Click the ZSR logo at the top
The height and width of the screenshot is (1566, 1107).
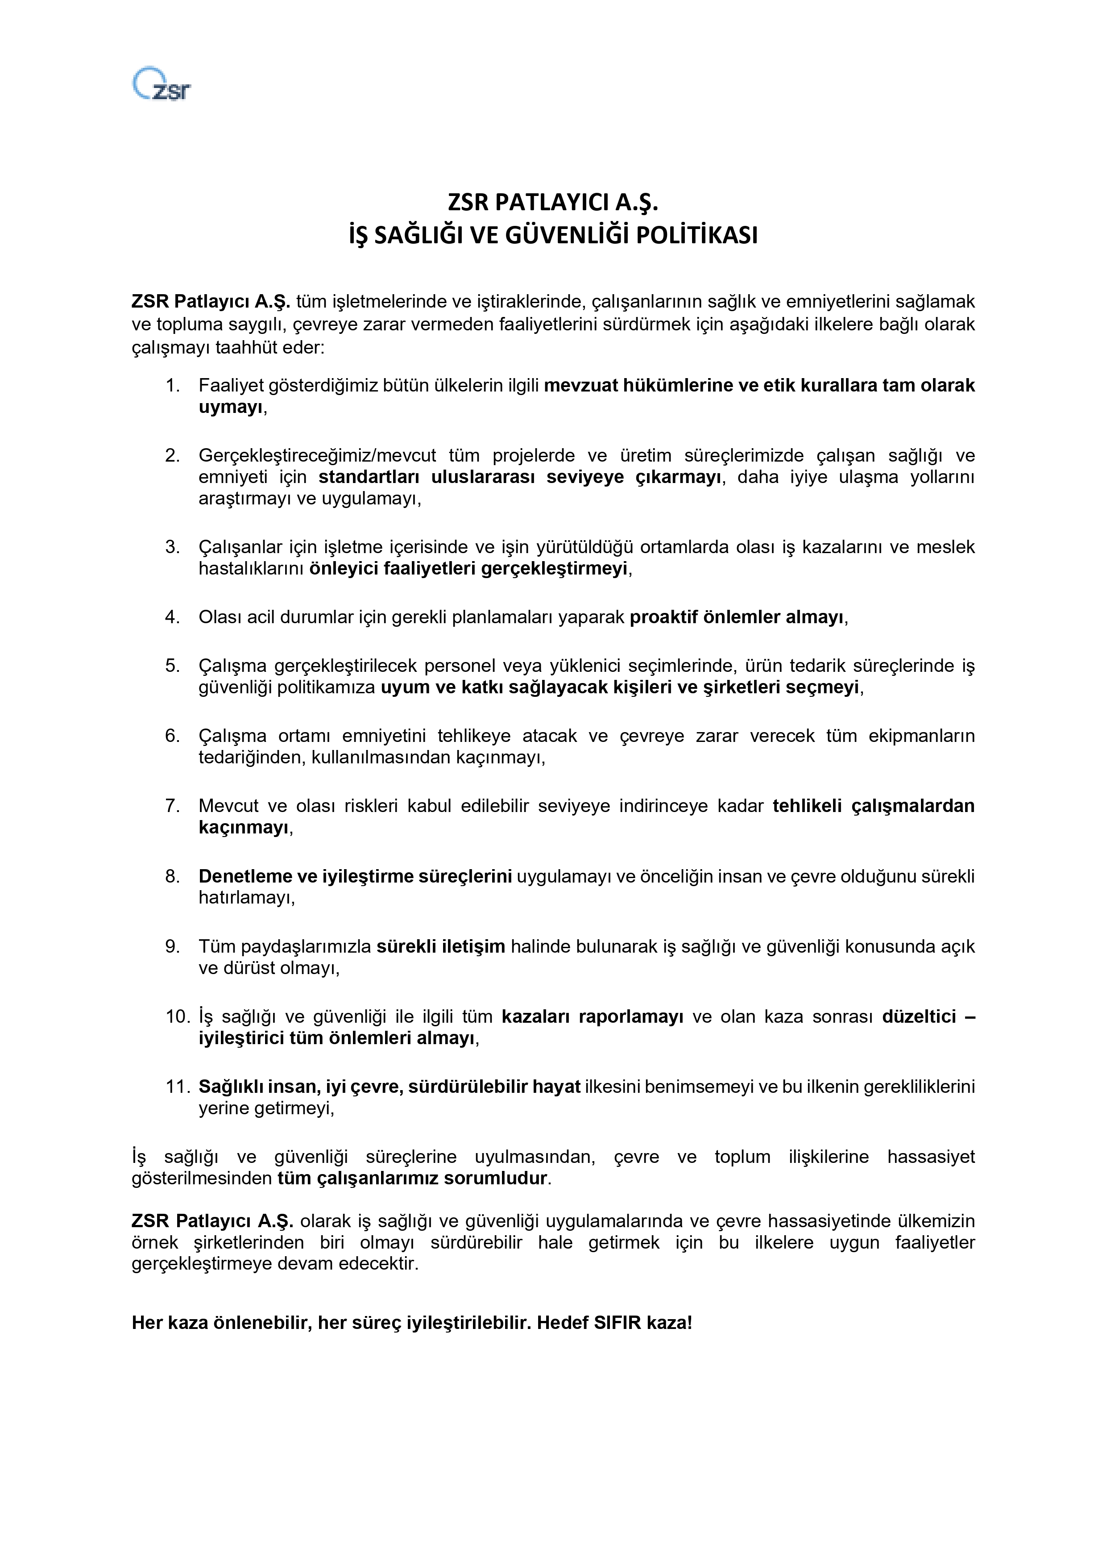tap(162, 84)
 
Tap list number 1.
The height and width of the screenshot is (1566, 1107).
tap(173, 385)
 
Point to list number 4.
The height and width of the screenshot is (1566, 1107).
tap(173, 617)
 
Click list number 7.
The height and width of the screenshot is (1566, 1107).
tap(173, 806)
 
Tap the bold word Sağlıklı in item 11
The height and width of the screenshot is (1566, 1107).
tap(230, 1087)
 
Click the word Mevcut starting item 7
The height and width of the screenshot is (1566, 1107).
tap(228, 806)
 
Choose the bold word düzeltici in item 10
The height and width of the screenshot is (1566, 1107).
tap(919, 1017)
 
